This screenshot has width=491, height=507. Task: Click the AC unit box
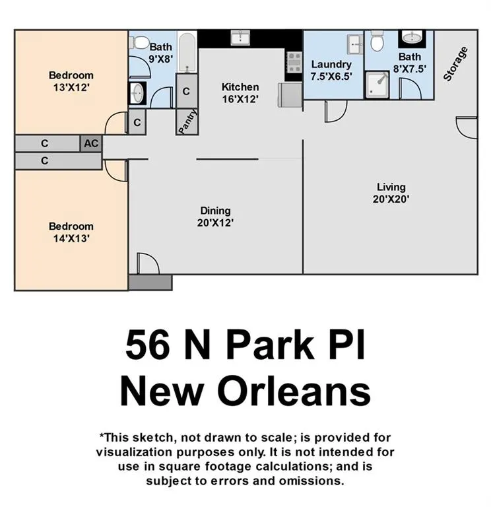pos(91,143)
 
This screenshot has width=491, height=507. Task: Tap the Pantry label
pos(187,121)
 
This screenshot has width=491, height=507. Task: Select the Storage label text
pos(455,63)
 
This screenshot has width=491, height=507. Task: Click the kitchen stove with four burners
pos(294,63)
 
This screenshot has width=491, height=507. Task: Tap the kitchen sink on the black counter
pos(240,38)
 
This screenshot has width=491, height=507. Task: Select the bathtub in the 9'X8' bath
pos(187,52)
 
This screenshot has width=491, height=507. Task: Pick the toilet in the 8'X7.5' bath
pos(377,41)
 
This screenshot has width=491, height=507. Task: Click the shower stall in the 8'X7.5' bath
pos(377,84)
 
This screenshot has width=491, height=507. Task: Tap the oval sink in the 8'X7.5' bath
pos(412,38)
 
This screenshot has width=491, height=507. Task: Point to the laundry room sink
pos(355,44)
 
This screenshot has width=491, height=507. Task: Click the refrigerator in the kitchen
pos(290,95)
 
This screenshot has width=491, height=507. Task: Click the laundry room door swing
pos(336,111)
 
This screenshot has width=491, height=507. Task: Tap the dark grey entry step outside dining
pos(150,283)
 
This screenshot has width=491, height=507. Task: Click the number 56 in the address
pos(148,344)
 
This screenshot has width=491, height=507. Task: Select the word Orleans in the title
pos(294,391)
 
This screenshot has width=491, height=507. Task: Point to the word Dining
pos(215,211)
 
